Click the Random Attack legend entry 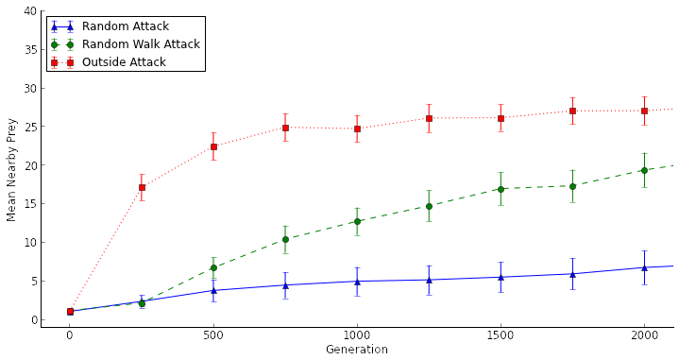[125, 26]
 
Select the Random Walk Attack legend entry [140, 44]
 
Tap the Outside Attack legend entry [124, 62]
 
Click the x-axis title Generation [356, 350]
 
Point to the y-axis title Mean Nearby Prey [12, 169]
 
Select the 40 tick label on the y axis [31, 11]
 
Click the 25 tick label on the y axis [31, 127]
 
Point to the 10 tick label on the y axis [31, 243]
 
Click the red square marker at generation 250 [142, 187]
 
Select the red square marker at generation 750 [285, 128]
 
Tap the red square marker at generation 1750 [572, 111]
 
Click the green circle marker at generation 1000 [357, 221]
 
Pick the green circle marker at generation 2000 [644, 170]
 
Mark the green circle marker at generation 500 [213, 267]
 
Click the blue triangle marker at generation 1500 [501, 277]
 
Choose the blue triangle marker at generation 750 [285, 285]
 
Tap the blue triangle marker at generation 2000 [644, 267]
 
